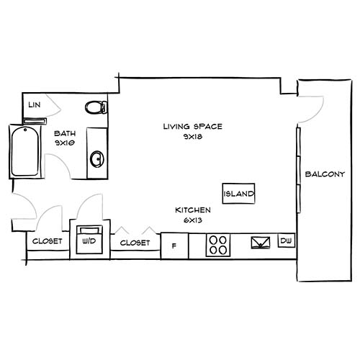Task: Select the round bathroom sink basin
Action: pyautogui.click(x=96, y=158)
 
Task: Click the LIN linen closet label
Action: pyautogui.click(x=33, y=105)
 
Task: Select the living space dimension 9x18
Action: pyautogui.click(x=192, y=137)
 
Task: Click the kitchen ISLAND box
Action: pyautogui.click(x=239, y=194)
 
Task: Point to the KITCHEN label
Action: pyautogui.click(x=193, y=210)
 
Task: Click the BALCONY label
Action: pyautogui.click(x=325, y=174)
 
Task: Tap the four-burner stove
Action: pyautogui.click(x=219, y=245)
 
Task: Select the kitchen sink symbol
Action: pyautogui.click(x=259, y=243)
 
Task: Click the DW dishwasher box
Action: pyautogui.click(x=286, y=240)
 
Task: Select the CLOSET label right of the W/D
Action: pyautogui.click(x=135, y=243)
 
